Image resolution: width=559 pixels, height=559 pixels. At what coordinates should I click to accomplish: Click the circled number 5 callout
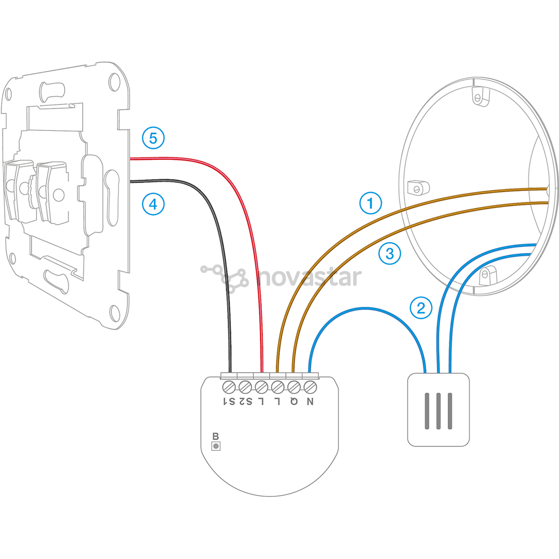pyautogui.click(x=153, y=138)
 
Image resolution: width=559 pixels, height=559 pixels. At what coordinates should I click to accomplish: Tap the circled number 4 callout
pyautogui.click(x=153, y=204)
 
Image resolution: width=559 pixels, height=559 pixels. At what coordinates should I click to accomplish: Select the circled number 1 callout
pyautogui.click(x=371, y=203)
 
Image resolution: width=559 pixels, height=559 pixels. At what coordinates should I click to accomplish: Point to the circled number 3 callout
pyautogui.click(x=390, y=254)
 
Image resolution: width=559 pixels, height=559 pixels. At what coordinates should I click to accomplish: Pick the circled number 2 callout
pyautogui.click(x=421, y=307)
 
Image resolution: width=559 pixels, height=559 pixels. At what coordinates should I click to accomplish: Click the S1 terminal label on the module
pyautogui.click(x=229, y=402)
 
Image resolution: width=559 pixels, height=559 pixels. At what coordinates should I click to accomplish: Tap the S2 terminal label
pyautogui.click(x=245, y=402)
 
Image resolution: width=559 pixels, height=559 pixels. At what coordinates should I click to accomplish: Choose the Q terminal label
pyautogui.click(x=294, y=402)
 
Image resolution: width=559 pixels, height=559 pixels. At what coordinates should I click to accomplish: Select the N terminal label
pyautogui.click(x=310, y=402)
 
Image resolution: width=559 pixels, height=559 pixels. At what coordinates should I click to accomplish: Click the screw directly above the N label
pyautogui.click(x=310, y=387)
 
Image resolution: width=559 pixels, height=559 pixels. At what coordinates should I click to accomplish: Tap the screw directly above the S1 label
pyautogui.click(x=229, y=387)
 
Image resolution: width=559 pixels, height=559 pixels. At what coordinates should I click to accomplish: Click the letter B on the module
pyautogui.click(x=215, y=436)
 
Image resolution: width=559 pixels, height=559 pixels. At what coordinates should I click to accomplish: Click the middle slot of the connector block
pyautogui.click(x=438, y=411)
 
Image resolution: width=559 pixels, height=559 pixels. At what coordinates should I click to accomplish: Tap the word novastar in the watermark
pyautogui.click(x=310, y=277)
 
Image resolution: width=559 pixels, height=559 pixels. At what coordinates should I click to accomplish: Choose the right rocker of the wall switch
pyautogui.click(x=52, y=193)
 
